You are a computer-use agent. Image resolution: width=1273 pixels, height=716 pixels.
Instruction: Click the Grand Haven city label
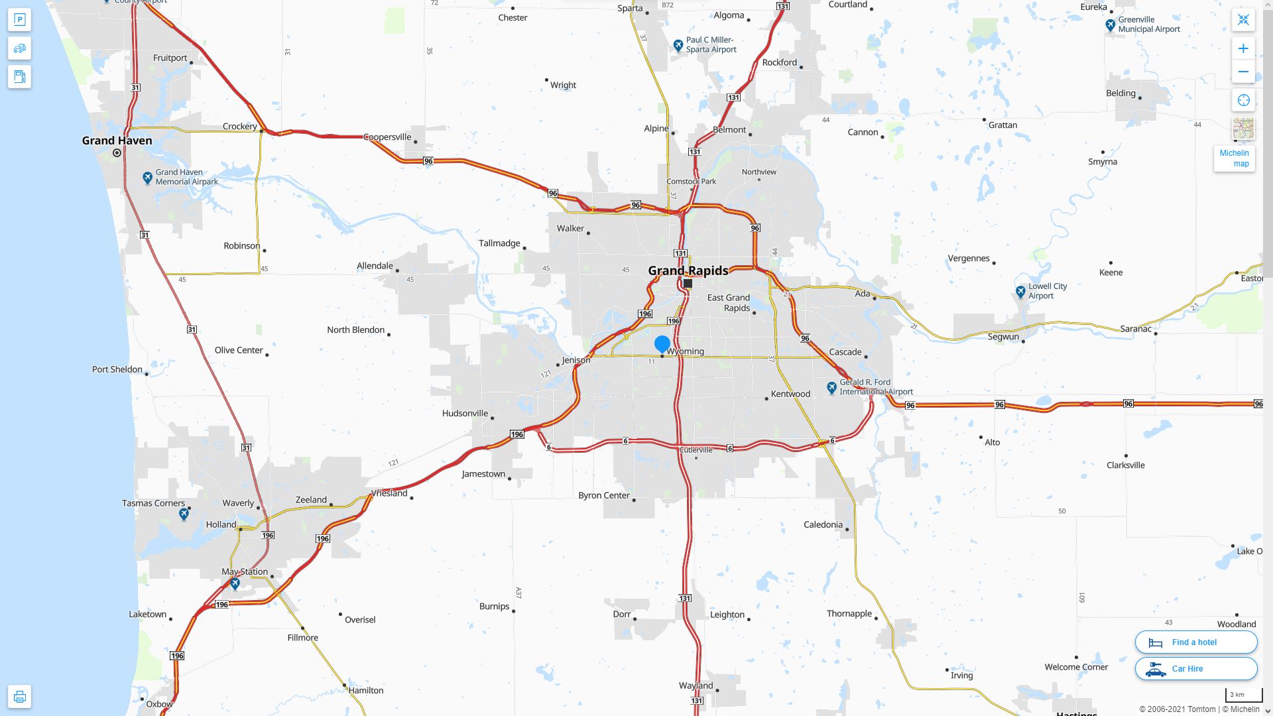point(117,141)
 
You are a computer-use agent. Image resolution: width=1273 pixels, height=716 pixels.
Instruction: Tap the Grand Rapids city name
point(688,270)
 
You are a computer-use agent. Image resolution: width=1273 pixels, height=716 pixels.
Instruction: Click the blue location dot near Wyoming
point(662,343)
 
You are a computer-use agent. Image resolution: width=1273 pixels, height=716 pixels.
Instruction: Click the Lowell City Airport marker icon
point(1020,291)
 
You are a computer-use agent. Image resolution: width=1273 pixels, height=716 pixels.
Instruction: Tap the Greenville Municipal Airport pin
point(1111,25)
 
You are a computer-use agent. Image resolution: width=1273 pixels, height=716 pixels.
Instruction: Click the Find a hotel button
point(1195,642)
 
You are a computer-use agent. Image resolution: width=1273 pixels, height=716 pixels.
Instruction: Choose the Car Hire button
point(1195,668)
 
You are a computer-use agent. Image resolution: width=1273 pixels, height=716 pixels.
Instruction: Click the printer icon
point(19,696)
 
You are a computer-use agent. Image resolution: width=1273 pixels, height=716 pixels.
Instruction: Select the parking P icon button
point(19,20)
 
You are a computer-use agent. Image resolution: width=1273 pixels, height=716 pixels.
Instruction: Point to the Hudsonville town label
point(465,413)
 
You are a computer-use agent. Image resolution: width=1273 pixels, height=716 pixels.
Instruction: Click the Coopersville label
point(387,137)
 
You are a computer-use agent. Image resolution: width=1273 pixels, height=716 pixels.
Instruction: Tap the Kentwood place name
point(790,394)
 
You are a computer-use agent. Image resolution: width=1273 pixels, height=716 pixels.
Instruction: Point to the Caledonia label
point(823,524)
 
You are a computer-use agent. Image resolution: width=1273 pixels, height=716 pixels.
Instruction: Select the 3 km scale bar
point(1243,695)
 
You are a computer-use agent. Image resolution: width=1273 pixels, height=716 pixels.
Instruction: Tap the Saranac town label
point(1136,329)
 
